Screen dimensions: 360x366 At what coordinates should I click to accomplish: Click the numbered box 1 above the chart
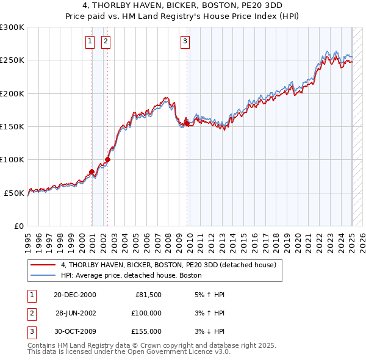90,41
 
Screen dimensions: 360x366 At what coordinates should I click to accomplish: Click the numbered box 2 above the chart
106,41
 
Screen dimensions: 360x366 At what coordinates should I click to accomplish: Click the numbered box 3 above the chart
185,41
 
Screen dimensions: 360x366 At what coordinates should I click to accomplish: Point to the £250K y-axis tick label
12,60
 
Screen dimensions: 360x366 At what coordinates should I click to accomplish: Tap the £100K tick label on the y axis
12,160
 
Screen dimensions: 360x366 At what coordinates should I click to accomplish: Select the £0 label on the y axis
18,226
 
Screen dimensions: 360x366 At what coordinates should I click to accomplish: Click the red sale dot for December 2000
92,171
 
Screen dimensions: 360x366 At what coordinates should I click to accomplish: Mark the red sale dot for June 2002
108,159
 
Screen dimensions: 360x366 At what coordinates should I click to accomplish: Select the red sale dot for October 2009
187,123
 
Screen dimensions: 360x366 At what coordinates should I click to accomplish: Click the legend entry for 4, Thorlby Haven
168,265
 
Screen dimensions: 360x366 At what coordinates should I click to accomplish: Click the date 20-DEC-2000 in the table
75,295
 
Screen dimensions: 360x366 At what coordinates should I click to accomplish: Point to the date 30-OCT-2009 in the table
75,331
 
